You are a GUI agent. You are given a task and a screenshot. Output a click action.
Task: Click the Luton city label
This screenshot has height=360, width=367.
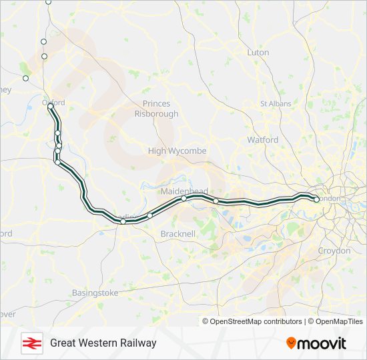(x=258, y=52)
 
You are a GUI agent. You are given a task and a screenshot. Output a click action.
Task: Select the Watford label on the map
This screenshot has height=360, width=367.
(x=262, y=140)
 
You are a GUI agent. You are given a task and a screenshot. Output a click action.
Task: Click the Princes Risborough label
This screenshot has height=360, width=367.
(x=156, y=109)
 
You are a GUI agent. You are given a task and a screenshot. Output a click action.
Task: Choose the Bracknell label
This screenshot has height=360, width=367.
(x=177, y=234)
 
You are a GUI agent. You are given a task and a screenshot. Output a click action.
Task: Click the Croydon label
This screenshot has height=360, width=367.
(x=334, y=251)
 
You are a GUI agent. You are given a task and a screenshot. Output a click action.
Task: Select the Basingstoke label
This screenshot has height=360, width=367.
(x=95, y=293)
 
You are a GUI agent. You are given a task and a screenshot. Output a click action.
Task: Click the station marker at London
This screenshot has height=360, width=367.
(x=316, y=199)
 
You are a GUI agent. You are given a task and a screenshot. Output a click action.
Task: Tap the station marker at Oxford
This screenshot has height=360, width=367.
(x=51, y=106)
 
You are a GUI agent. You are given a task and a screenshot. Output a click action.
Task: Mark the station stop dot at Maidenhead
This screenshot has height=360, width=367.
(x=183, y=198)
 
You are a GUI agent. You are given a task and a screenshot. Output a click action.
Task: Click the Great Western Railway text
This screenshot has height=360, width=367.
(x=103, y=343)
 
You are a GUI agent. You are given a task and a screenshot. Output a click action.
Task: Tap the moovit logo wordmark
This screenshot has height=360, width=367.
(x=322, y=343)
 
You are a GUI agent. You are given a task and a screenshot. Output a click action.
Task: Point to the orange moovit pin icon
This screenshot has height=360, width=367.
(x=291, y=343)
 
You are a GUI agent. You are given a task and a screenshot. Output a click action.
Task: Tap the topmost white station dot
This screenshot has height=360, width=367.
(x=48, y=2)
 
